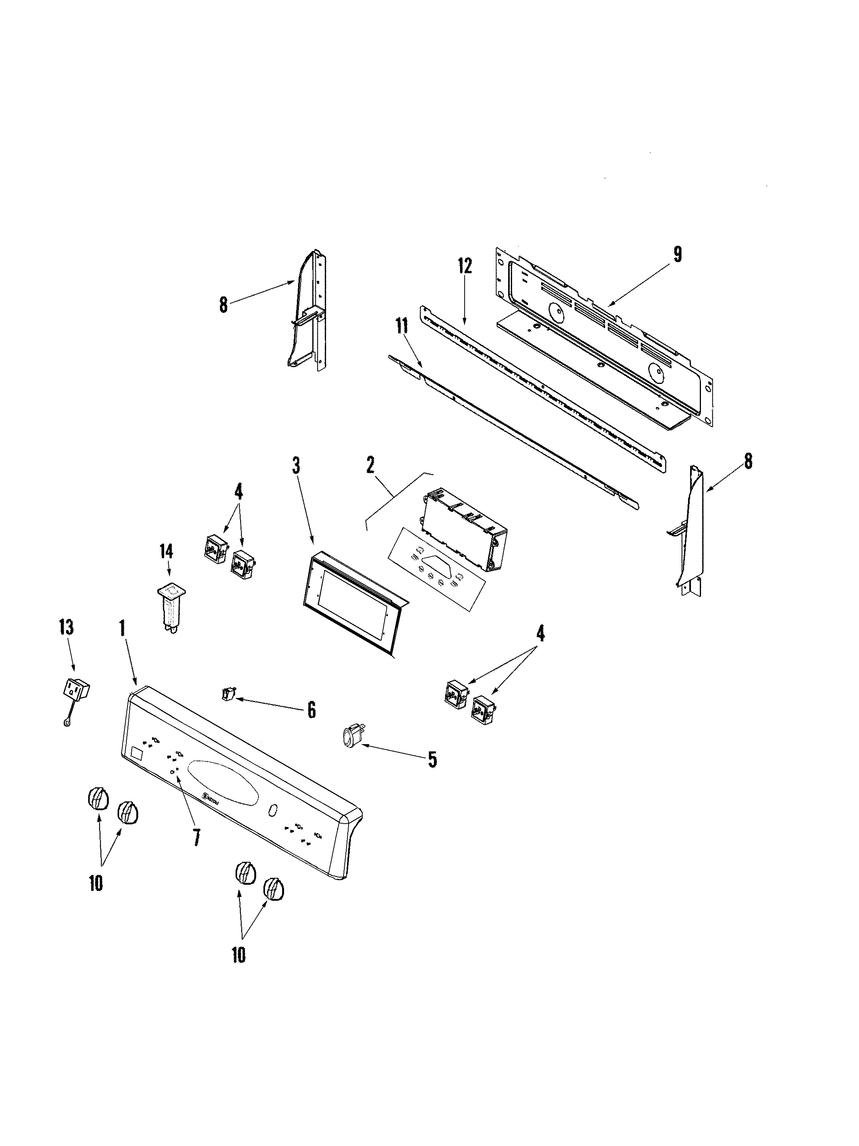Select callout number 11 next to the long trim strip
(401, 326)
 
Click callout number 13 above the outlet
(66, 627)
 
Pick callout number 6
(311, 710)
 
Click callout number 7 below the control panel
(196, 838)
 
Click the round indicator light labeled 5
(348, 737)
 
